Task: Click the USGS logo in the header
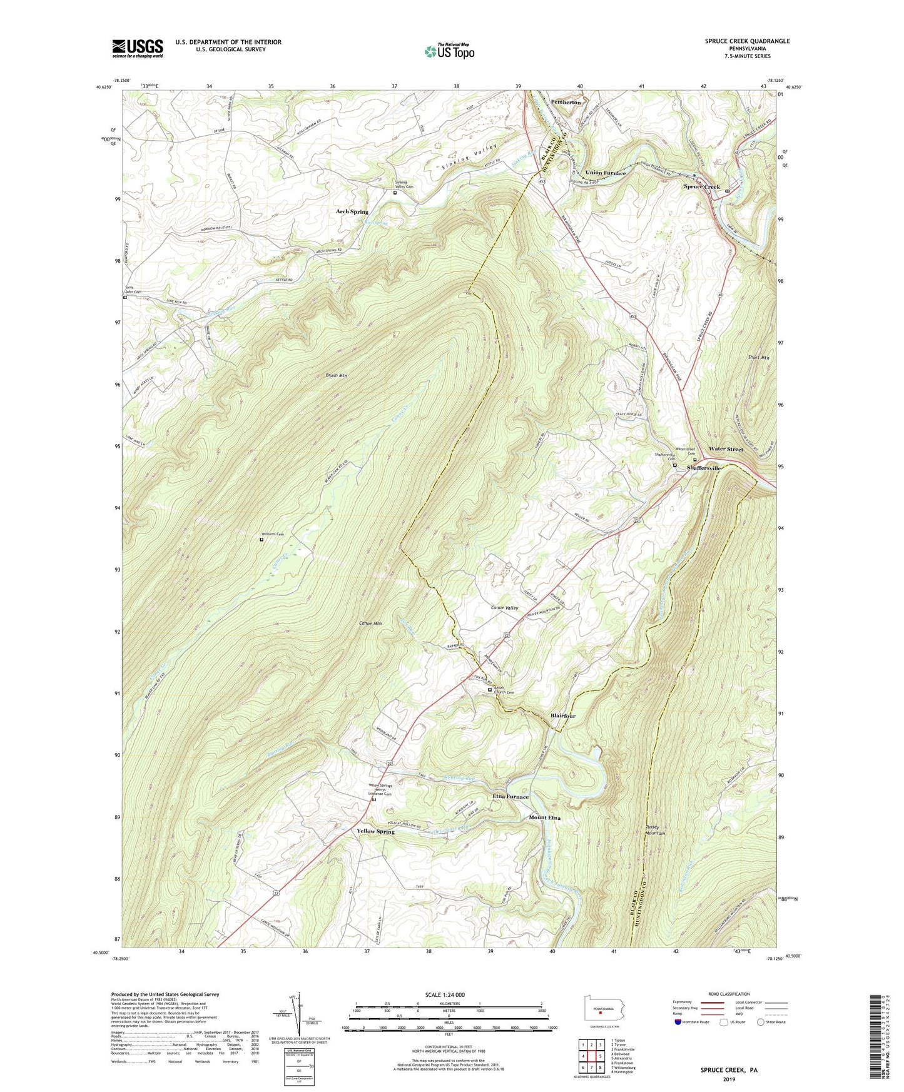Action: click(137, 48)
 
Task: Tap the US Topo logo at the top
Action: click(449, 51)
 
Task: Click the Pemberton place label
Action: click(566, 102)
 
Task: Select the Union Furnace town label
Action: click(605, 173)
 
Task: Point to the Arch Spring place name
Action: click(352, 212)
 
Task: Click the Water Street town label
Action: click(726, 449)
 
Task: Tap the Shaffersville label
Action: click(704, 468)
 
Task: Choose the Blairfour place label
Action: click(563, 715)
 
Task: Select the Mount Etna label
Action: click(545, 817)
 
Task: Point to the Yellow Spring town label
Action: click(375, 832)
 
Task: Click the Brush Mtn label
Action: click(336, 375)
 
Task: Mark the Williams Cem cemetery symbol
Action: click(262, 540)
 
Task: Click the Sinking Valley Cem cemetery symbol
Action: click(395, 193)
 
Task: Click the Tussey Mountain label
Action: click(655, 829)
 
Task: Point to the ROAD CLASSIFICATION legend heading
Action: click(730, 994)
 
